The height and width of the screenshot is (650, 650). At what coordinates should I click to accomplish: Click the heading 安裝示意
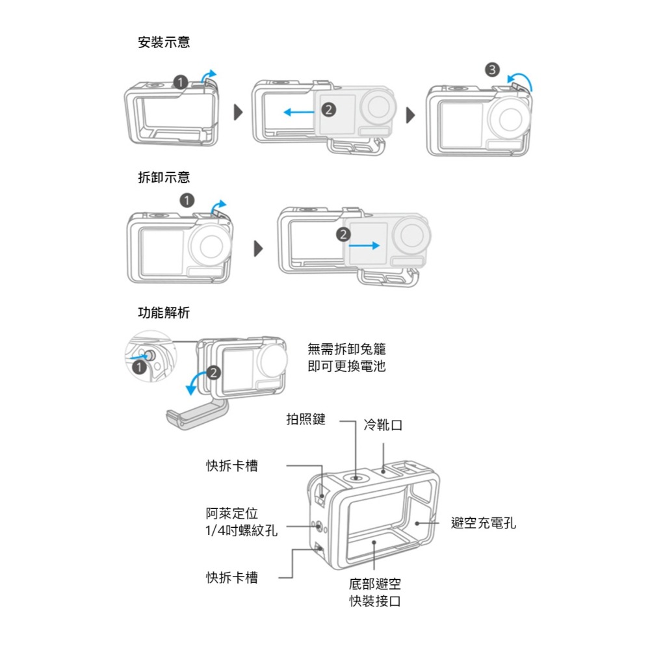[x=164, y=43]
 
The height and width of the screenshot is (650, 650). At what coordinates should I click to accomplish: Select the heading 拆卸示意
[x=164, y=177]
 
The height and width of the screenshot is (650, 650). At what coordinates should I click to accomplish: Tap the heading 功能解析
[x=164, y=313]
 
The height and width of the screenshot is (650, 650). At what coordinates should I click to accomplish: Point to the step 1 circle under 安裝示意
[x=180, y=82]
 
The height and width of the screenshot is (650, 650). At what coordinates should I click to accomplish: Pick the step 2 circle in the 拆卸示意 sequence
[x=344, y=234]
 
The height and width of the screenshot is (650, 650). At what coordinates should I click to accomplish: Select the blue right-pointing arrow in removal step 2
[x=365, y=246]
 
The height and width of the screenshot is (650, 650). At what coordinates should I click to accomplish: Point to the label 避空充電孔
[x=484, y=523]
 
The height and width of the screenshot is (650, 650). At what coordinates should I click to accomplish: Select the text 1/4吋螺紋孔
[x=241, y=530]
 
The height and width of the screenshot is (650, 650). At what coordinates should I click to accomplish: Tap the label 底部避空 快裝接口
[x=375, y=592]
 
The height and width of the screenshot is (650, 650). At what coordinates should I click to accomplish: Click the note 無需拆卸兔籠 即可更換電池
[x=346, y=357]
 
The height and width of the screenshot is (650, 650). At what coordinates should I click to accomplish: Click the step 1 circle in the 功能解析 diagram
[x=138, y=368]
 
